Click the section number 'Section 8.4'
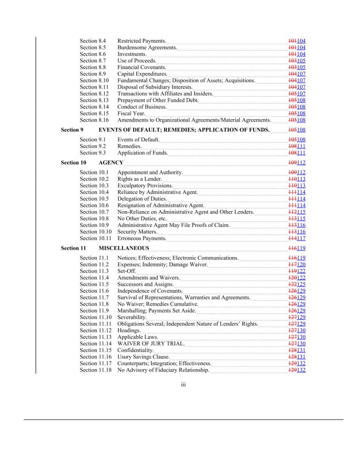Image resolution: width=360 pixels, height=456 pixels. (x=92, y=41)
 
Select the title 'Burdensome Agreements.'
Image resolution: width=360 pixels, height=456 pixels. (x=147, y=48)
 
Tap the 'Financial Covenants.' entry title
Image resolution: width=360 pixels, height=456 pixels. (x=142, y=67)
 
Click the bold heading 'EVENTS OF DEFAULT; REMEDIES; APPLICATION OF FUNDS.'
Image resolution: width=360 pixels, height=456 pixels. (x=184, y=130)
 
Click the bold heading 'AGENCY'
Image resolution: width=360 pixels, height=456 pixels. (x=111, y=162)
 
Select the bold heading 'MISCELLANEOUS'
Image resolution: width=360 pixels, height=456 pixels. (x=124, y=248)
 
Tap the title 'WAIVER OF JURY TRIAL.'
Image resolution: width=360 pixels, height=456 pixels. (x=151, y=344)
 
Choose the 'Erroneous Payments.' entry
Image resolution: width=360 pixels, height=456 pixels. (x=142, y=238)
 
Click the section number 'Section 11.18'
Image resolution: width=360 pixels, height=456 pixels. (x=95, y=370)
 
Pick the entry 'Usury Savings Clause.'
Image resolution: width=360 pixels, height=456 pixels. (x=143, y=357)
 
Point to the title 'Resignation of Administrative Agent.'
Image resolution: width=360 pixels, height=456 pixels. (x=161, y=205)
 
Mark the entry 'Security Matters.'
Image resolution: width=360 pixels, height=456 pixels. (x=137, y=232)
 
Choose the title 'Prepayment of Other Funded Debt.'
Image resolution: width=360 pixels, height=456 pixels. (x=158, y=100)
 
